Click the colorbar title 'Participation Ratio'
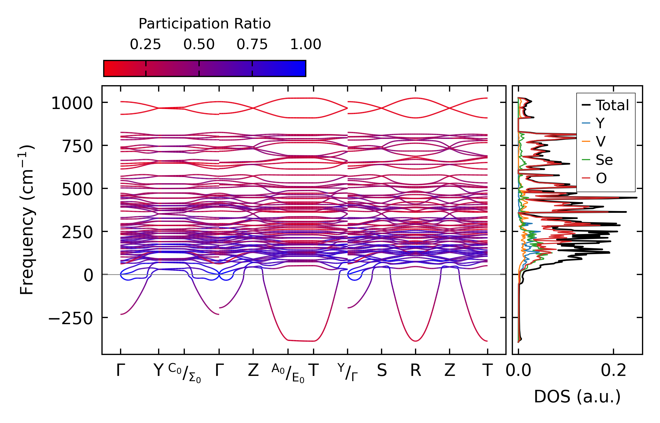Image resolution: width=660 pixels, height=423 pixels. tap(205, 24)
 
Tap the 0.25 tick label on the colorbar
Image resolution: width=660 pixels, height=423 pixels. tap(145, 44)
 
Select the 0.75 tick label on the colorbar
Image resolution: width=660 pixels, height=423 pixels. tap(252, 44)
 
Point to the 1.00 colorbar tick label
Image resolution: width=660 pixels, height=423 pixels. tap(305, 44)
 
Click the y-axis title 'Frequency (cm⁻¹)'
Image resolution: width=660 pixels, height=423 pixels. tap(27, 220)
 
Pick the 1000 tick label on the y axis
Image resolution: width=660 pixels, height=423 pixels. tap(72, 103)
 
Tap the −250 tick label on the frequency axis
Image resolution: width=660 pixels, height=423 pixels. tap(70, 318)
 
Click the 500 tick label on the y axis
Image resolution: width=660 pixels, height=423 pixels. tap(77, 190)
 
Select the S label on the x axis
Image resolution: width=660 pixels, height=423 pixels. tap(382, 371)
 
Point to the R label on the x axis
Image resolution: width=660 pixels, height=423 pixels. tap(416, 371)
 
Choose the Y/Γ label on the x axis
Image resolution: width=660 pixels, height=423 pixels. tap(348, 372)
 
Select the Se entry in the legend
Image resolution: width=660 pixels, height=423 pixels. tap(604, 160)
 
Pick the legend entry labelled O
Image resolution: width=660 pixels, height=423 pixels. tap(601, 178)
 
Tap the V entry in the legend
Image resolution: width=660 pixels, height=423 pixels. tap(601, 142)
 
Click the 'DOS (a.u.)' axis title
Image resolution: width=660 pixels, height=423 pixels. tap(577, 397)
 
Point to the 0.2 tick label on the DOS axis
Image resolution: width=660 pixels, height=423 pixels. tap(614, 371)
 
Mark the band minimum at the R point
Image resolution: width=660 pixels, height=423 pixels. tap(416, 341)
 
